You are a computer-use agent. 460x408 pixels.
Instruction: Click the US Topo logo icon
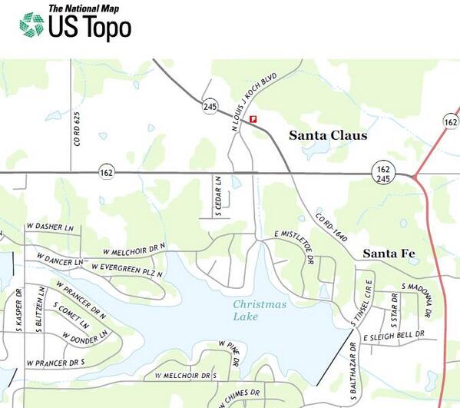31,25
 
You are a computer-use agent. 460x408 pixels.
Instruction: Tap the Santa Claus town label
328,136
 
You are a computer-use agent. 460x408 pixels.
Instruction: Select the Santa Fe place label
389,254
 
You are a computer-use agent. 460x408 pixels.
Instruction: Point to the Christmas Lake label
260,310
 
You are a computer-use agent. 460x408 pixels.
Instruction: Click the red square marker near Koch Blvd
253,118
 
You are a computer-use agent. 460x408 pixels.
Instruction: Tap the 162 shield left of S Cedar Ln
106,173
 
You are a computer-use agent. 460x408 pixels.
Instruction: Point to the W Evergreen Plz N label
127,267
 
